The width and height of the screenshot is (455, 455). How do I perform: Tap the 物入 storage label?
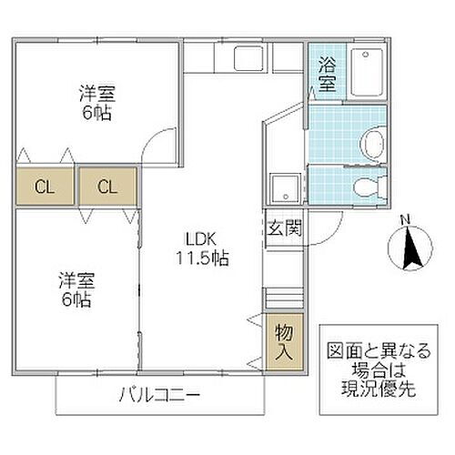[282, 340]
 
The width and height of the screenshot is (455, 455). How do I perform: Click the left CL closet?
[43, 188]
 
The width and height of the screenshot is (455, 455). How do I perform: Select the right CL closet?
[107, 188]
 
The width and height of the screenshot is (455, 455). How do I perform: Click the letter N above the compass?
[407, 218]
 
